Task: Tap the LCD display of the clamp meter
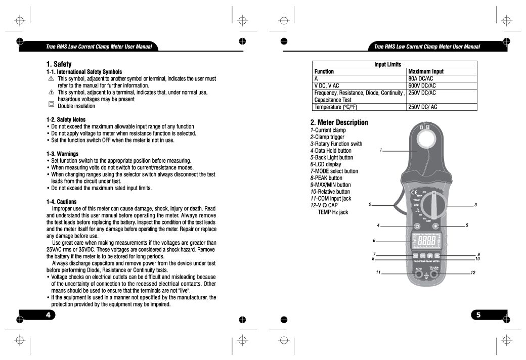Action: (426, 241)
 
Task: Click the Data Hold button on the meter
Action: (417, 225)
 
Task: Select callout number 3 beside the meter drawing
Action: (476, 205)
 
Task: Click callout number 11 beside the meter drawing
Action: (378, 273)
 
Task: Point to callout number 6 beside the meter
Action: (374, 241)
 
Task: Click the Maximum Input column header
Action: (425, 72)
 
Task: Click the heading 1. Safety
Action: (59, 64)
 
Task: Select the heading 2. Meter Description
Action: (339, 122)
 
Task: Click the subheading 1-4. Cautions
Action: (61, 202)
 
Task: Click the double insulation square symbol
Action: (51, 105)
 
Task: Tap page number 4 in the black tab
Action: (49, 315)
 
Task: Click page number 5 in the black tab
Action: (478, 315)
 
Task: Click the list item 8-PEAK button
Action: (326, 178)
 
